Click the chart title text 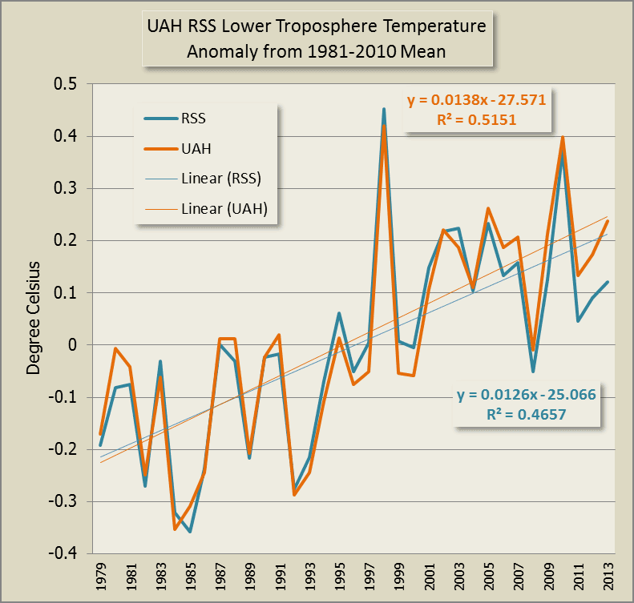click(x=316, y=39)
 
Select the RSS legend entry click(x=204, y=119)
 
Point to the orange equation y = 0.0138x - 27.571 click(x=476, y=102)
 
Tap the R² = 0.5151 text click(x=476, y=119)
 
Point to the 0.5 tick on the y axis click(x=67, y=85)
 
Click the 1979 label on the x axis click(x=102, y=577)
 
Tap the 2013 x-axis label click(x=607, y=577)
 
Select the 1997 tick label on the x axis click(x=369, y=577)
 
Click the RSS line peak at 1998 click(x=384, y=109)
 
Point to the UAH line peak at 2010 click(x=563, y=137)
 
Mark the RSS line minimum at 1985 click(x=191, y=532)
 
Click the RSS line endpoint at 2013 click(x=607, y=282)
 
